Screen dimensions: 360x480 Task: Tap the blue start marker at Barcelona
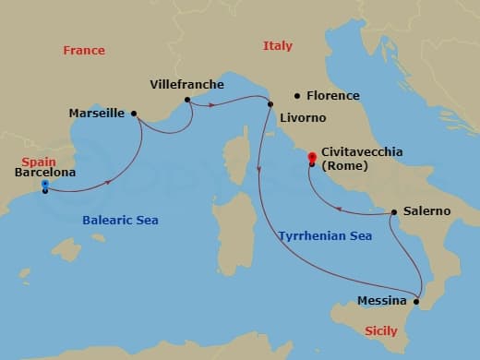(x=44, y=185)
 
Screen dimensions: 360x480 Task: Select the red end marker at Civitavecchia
(x=312, y=157)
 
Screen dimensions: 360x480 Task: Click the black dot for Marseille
(x=135, y=114)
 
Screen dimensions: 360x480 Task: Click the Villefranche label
(x=186, y=85)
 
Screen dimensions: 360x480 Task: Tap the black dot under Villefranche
(x=187, y=100)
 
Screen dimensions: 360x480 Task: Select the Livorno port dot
(x=270, y=102)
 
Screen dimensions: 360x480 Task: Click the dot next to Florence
(x=296, y=95)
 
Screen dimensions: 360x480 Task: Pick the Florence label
(x=334, y=95)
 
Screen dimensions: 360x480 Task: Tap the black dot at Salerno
(x=394, y=212)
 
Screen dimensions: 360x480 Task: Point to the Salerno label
(x=426, y=211)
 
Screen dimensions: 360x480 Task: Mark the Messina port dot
(x=416, y=301)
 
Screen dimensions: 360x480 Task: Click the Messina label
(x=381, y=301)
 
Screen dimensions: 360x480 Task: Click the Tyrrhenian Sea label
(x=325, y=236)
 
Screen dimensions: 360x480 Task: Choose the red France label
(x=83, y=50)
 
